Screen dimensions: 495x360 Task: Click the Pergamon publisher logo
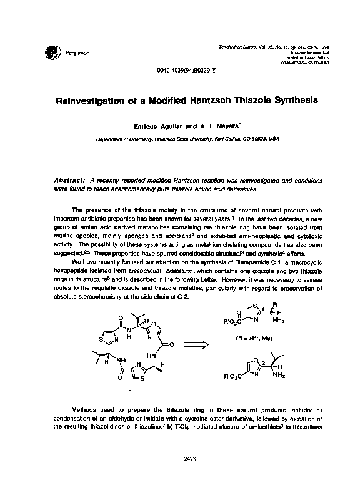(x=49, y=51)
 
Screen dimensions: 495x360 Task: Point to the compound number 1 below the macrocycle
(x=129, y=391)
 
